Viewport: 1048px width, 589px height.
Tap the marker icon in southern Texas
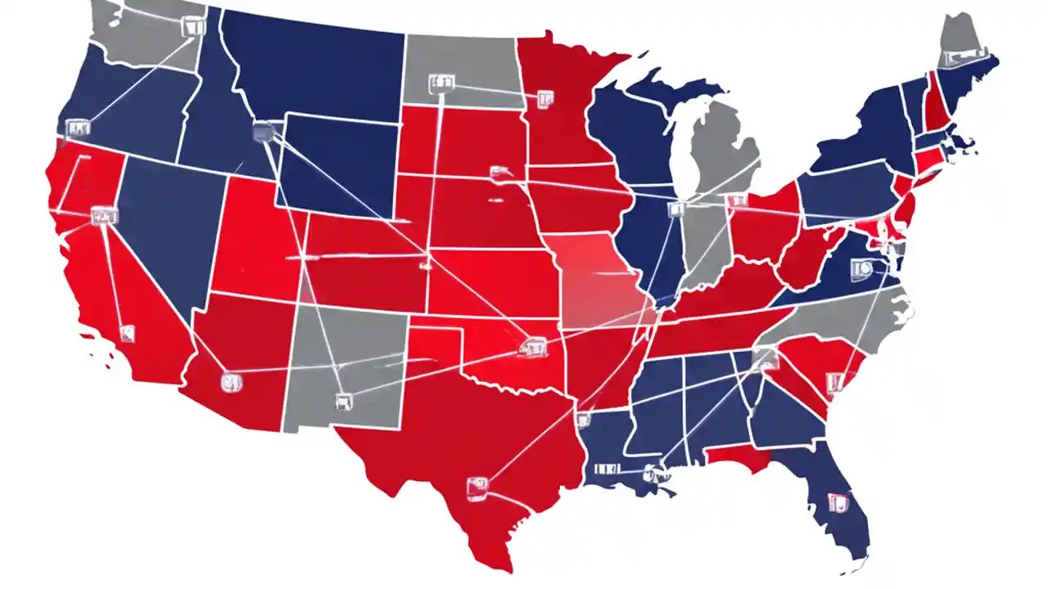(477, 488)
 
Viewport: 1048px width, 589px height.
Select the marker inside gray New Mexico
(343, 401)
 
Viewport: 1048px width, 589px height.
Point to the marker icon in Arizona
(230, 381)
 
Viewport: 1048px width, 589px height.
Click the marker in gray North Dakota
(440, 83)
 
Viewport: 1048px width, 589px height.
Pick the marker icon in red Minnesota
(544, 99)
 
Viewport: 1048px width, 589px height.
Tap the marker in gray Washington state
(192, 26)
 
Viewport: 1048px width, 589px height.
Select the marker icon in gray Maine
(955, 58)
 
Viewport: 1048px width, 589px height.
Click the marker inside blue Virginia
(861, 267)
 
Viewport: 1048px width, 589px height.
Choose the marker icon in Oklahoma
(528, 349)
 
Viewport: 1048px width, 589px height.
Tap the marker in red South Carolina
(834, 381)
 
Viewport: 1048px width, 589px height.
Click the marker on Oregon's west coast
(78, 128)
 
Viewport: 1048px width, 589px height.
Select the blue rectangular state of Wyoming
(336, 164)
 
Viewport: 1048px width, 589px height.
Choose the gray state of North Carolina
(843, 323)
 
